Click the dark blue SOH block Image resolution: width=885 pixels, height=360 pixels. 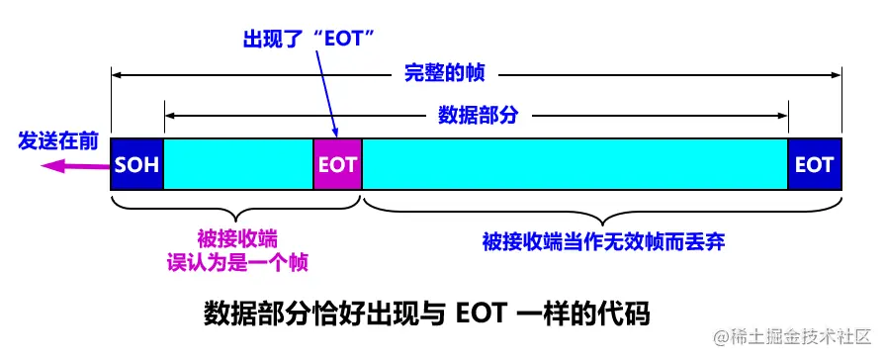[136, 164]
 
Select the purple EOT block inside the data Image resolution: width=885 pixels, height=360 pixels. [337, 164]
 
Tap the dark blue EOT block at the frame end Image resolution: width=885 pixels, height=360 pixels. [814, 164]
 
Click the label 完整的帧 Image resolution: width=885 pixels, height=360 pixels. [444, 73]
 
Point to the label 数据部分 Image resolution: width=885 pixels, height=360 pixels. [478, 116]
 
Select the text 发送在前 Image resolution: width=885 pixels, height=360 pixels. [57, 141]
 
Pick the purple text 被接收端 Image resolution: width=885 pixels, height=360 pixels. [236, 238]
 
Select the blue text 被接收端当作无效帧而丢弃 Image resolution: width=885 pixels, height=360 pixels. [604, 241]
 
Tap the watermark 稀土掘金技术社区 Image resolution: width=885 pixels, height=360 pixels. [791, 335]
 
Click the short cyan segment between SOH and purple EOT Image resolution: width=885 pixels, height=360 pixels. [237, 164]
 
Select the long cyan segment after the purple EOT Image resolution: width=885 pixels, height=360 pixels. [575, 164]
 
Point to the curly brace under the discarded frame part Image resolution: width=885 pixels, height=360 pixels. [603, 207]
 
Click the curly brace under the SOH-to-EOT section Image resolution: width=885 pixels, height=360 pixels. [236, 207]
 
